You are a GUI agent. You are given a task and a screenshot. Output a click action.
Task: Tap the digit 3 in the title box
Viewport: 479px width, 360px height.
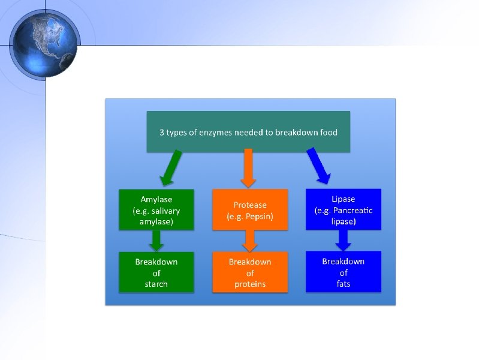[162, 132]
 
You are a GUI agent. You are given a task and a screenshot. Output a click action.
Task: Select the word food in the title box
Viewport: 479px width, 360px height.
[327, 132]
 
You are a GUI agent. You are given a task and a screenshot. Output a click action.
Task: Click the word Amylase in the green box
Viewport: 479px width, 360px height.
[156, 199]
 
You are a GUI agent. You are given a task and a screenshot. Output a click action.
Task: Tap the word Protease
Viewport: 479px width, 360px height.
[250, 205]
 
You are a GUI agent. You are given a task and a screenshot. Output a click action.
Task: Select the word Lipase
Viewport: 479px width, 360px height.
[343, 199]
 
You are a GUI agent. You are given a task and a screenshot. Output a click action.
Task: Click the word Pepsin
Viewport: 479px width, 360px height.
[258, 216]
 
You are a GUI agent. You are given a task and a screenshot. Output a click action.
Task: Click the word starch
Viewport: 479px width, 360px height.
[156, 284]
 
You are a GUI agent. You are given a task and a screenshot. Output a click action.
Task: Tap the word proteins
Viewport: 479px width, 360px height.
[250, 284]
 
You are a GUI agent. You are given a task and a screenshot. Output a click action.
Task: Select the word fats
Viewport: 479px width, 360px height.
[344, 284]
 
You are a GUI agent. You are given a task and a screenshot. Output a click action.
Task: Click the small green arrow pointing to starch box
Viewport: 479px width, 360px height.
[156, 241]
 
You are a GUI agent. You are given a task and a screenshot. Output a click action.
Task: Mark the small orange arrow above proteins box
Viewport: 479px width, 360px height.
[250, 241]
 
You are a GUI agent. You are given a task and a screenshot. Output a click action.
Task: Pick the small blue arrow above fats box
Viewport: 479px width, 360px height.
[344, 241]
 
